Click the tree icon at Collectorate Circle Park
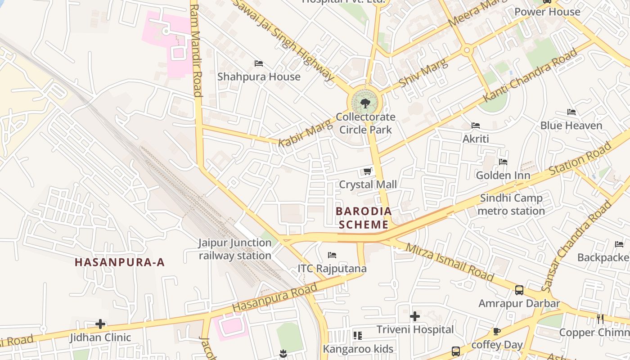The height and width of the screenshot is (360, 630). (365, 103)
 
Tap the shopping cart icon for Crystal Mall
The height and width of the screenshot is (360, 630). (367, 171)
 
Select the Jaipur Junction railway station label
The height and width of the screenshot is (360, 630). (235, 249)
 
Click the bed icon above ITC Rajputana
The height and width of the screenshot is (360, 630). (332, 255)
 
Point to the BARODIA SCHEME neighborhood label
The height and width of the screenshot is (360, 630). (364, 218)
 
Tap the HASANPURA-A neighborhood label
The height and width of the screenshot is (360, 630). (120, 262)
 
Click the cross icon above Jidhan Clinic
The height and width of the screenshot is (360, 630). (100, 324)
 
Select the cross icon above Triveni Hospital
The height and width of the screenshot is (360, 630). (415, 316)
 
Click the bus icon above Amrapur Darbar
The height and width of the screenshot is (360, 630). (519, 290)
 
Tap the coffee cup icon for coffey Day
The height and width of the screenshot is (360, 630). (497, 332)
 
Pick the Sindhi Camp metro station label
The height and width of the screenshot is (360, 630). (511, 204)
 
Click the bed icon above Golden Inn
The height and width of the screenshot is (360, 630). (503, 162)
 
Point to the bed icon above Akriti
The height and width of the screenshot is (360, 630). (476, 126)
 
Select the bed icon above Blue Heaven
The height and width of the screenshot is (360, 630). (571, 112)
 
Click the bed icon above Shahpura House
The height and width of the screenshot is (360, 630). (259, 63)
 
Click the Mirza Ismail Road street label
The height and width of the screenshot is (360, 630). (450, 262)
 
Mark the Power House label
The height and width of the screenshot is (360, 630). (547, 12)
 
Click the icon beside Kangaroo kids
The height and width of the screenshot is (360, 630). (358, 336)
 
